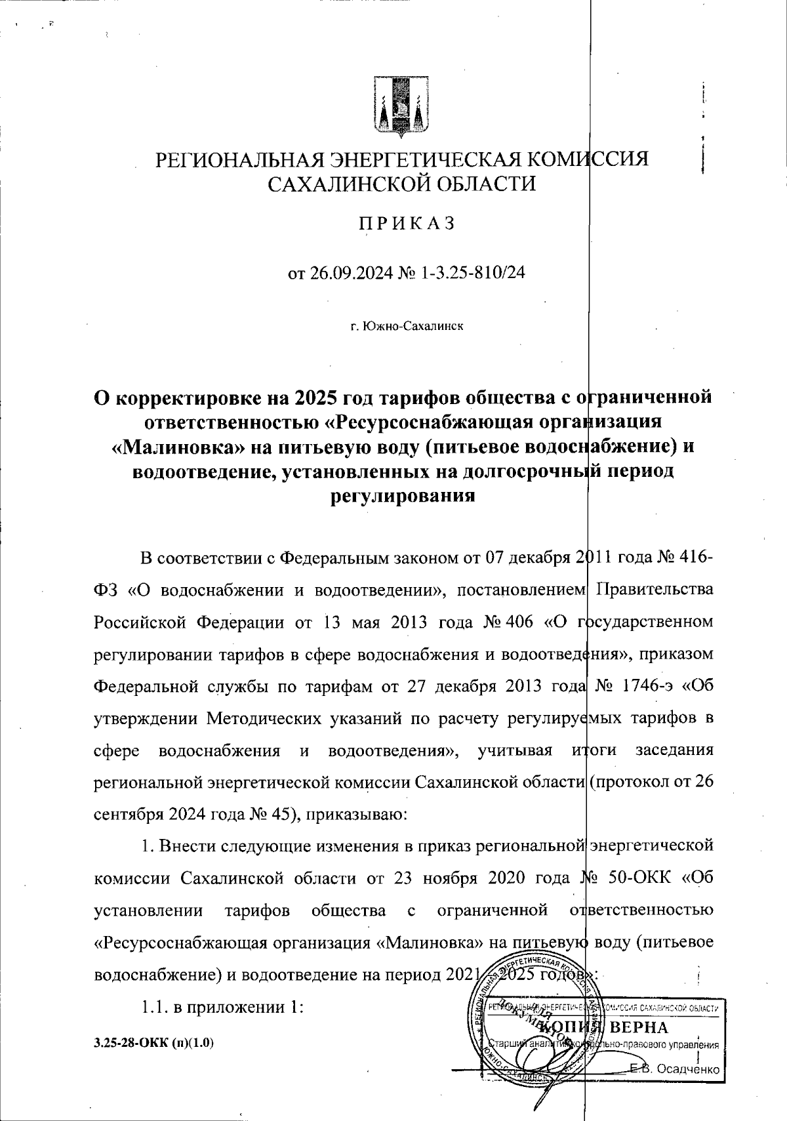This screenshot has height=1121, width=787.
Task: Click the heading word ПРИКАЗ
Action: [405, 224]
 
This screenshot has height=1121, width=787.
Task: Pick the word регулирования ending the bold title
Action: [401, 496]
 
